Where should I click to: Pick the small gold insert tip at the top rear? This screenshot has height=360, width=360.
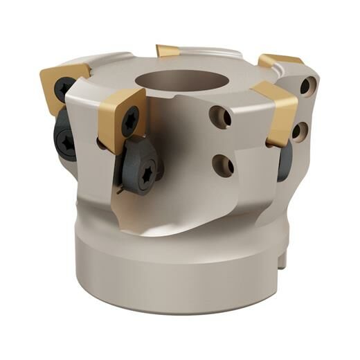[x=168, y=50]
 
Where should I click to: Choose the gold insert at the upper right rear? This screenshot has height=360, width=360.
[x=280, y=60]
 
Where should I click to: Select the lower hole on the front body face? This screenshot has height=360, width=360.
[x=222, y=165]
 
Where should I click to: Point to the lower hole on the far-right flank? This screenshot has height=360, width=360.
[x=300, y=130]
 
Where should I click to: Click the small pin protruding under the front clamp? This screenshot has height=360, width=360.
[x=121, y=188]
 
